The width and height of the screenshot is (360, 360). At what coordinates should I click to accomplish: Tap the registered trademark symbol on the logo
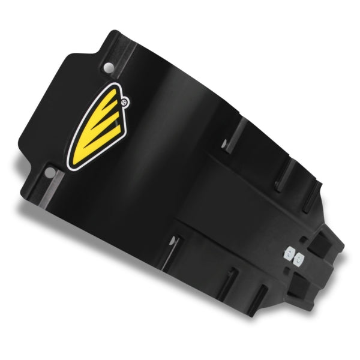click(x=124, y=103)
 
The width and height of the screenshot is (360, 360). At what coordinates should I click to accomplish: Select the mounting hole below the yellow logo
click(x=50, y=174)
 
